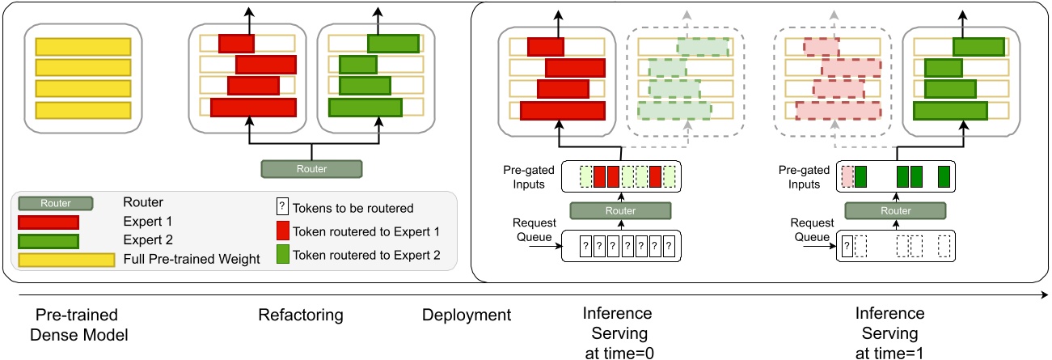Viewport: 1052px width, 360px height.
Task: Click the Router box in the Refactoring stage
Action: tap(311, 168)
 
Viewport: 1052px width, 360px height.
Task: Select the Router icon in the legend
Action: tap(55, 204)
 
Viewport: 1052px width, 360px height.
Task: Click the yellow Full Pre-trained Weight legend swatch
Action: tap(67, 260)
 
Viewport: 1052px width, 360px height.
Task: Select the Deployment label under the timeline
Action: tap(467, 315)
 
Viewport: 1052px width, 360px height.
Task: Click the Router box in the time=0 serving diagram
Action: tap(620, 211)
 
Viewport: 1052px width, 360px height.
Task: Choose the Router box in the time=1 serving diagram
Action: tap(895, 211)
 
